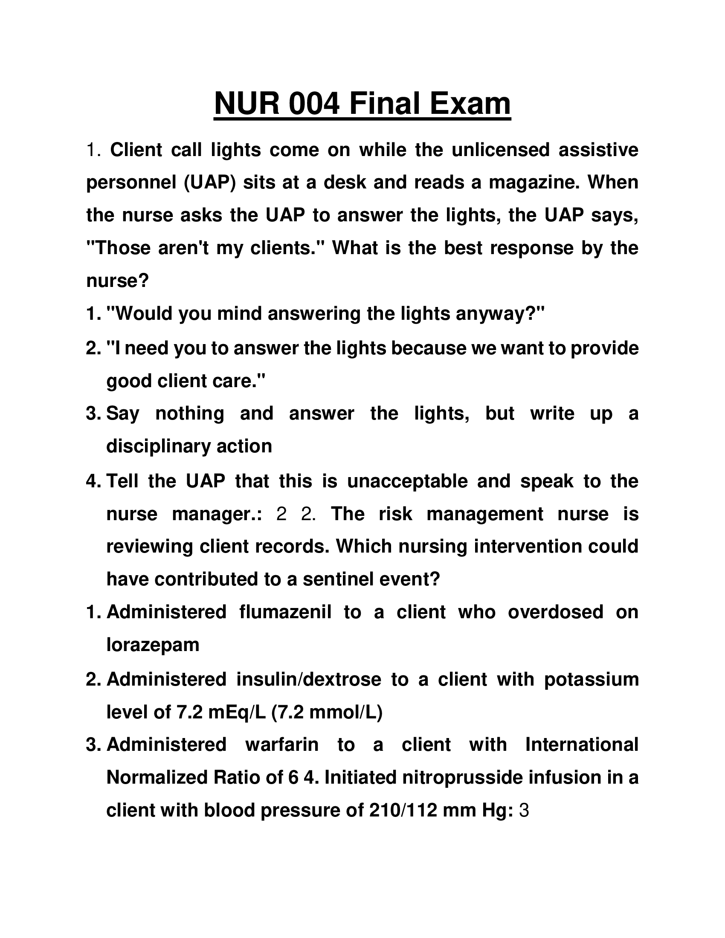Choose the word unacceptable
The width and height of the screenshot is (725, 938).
click(407, 481)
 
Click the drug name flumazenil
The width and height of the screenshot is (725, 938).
click(285, 612)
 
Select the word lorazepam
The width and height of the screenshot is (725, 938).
click(153, 645)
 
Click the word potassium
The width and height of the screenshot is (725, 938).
click(592, 680)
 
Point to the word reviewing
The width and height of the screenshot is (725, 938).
click(148, 547)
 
